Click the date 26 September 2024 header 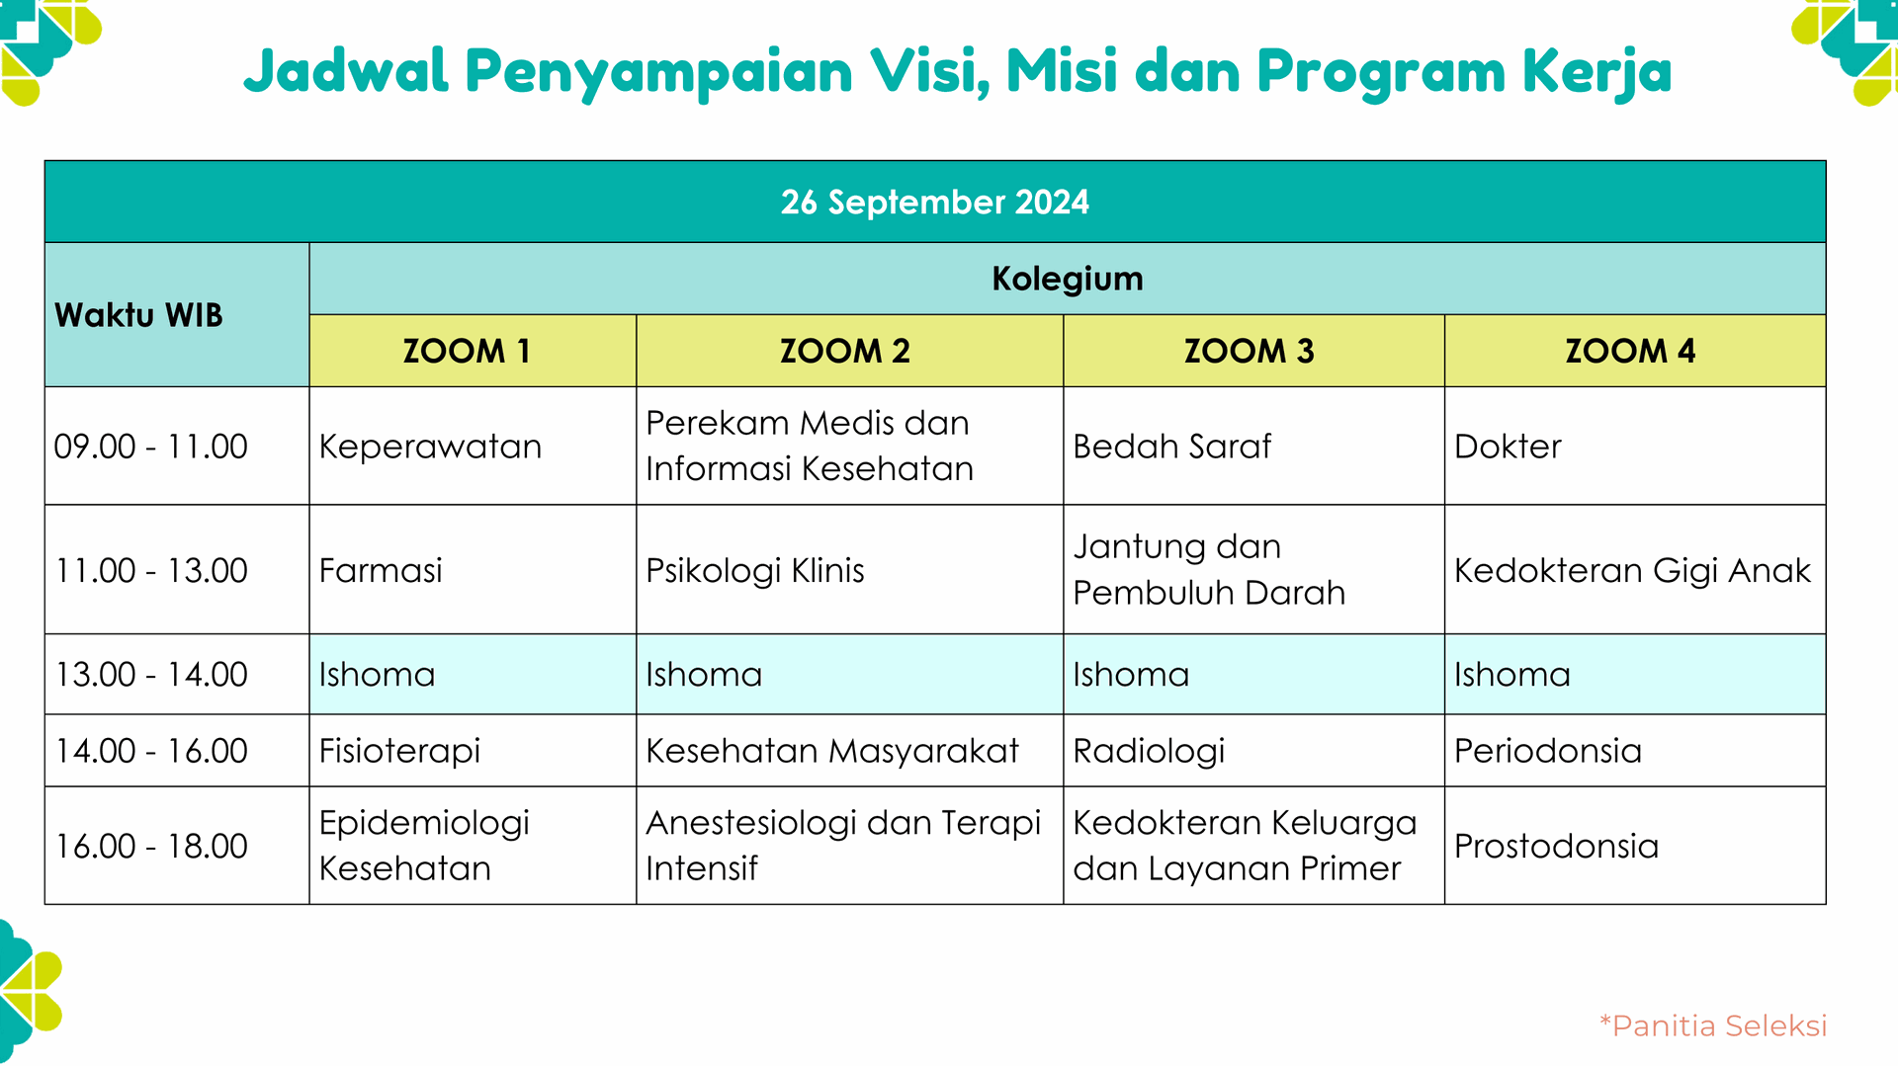[x=934, y=202]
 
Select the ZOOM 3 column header [x=1249, y=351]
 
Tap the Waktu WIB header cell [x=138, y=315]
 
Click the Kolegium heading [x=1067, y=279]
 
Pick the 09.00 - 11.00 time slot [x=150, y=447]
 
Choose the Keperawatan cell [x=430, y=447]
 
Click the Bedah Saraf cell [x=1171, y=447]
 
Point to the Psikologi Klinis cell [x=754, y=570]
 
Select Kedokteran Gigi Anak [x=1631, y=570]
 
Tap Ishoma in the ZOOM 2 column [x=704, y=675]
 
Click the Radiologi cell [x=1149, y=751]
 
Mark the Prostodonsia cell [x=1556, y=846]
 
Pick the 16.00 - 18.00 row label [x=150, y=846]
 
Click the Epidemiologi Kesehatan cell [x=424, y=845]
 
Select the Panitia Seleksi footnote [x=1713, y=1025]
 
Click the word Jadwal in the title [x=346, y=71]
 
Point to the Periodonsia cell [x=1547, y=751]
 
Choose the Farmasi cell [x=381, y=570]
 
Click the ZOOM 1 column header [x=467, y=351]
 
